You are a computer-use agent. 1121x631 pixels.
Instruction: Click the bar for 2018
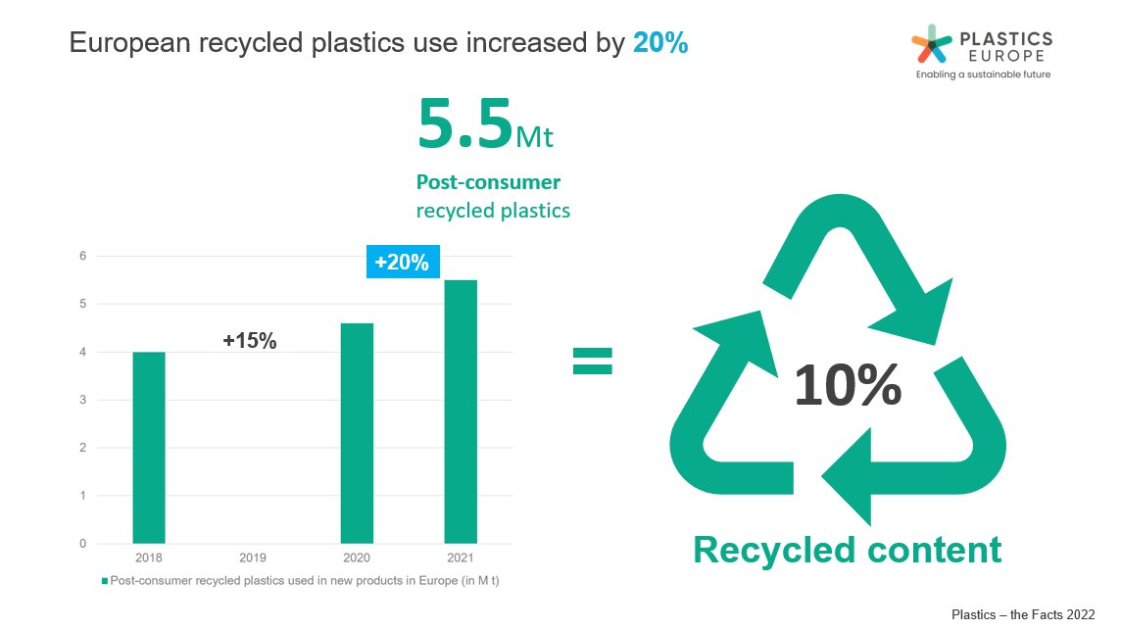[x=149, y=447]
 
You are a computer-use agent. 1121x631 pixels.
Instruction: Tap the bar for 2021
[x=461, y=412]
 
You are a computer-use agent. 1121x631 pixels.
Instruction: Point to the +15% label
[x=250, y=341]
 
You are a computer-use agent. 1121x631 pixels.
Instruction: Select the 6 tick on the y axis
[x=82, y=257]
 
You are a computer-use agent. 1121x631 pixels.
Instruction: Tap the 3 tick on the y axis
[x=82, y=400]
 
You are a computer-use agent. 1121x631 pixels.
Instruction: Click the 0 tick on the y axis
[x=82, y=544]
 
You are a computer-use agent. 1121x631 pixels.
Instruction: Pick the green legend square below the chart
[x=105, y=580]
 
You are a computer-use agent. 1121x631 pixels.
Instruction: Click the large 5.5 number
[x=464, y=125]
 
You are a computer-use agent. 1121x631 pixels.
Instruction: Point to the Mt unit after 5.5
[x=534, y=138]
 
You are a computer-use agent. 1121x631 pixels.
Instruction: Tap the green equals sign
[x=592, y=361]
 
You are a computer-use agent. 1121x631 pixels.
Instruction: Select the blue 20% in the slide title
[x=660, y=44]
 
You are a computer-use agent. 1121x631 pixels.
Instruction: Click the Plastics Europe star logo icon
[x=931, y=45]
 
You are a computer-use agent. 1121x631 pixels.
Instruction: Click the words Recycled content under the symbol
[x=847, y=550]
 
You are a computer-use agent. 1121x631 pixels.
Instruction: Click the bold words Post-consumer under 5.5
[x=488, y=182]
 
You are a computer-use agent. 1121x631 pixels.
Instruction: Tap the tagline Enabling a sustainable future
[x=983, y=74]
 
